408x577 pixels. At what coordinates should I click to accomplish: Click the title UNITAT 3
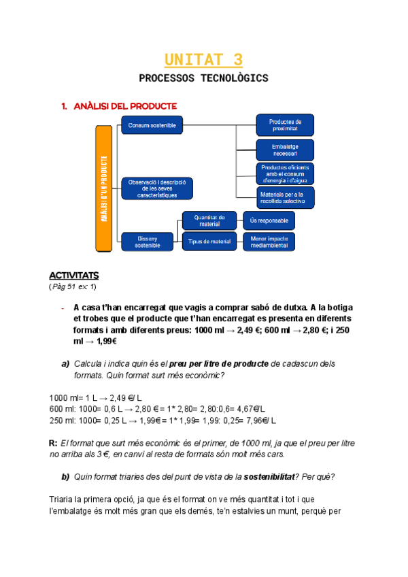[203, 60]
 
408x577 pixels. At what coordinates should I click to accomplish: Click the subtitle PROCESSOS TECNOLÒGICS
[203, 78]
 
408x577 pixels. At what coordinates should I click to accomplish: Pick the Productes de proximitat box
[285, 125]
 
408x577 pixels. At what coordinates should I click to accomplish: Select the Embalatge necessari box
[285, 149]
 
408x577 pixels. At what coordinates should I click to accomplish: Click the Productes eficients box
[285, 174]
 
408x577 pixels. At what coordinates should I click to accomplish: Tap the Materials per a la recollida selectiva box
[285, 197]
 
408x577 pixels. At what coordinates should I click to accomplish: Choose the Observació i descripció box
[157, 188]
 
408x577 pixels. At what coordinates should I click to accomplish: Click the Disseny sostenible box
[148, 242]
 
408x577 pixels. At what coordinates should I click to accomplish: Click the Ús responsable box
[269, 220]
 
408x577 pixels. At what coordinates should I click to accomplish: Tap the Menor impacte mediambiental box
[269, 242]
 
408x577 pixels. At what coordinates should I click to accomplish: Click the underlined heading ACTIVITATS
[74, 276]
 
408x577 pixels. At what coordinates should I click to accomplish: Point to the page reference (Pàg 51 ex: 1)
[73, 286]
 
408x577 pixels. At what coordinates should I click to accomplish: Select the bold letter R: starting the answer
[54, 443]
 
